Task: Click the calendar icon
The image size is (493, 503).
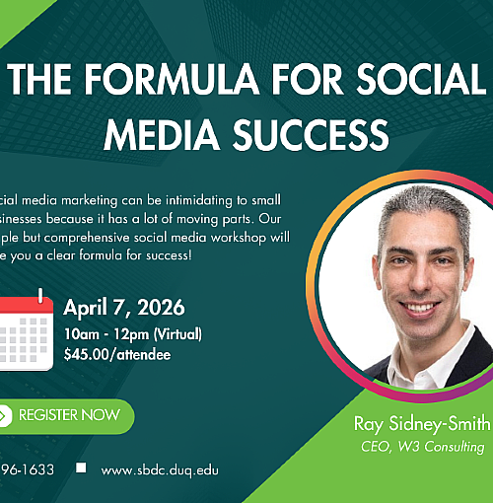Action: tap(26, 331)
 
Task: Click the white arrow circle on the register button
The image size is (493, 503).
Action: tap(4, 415)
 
